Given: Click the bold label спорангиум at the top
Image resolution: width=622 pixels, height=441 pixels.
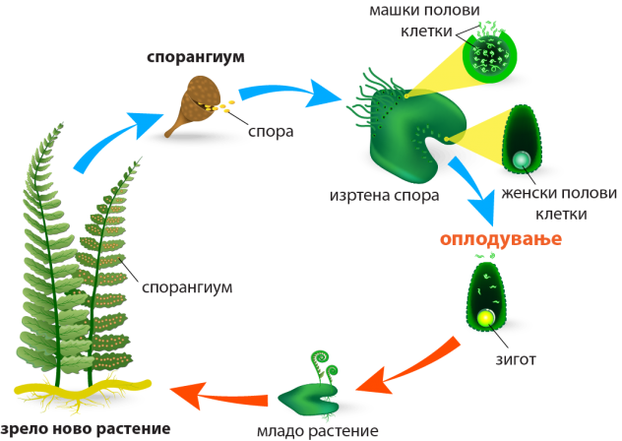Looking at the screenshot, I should pos(195,57).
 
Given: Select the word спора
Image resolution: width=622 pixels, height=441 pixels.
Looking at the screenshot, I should pos(270,131).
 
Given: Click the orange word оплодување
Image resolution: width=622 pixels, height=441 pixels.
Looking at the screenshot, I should pos(500,240).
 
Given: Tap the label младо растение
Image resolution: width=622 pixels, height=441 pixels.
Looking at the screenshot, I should pos(317,431).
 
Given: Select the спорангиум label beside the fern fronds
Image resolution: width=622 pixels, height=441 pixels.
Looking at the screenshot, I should pos(187,288).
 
